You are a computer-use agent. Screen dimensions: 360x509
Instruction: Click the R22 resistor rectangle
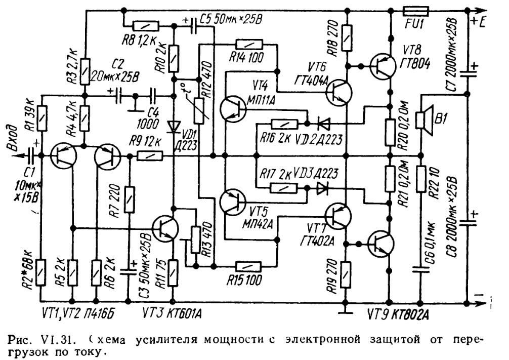420,180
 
